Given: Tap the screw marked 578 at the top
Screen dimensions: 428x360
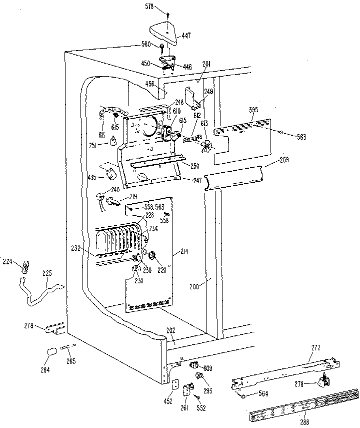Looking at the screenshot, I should click(166, 16).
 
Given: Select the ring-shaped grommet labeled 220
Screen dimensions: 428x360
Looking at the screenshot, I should click(154, 258).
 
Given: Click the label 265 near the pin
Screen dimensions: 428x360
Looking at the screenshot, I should click(71, 361).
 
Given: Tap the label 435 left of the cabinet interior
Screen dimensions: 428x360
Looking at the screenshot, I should click(91, 177).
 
